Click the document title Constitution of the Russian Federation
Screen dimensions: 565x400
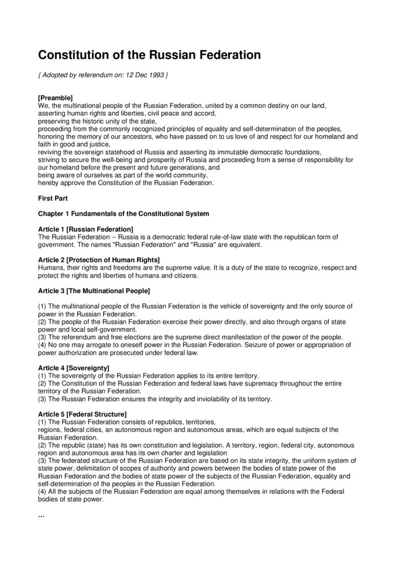click(x=149, y=55)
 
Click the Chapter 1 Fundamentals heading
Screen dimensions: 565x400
click(x=123, y=213)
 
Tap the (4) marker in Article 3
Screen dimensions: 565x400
click(x=43, y=344)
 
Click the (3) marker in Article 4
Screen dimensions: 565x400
click(x=43, y=398)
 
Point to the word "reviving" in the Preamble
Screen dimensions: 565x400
click(x=50, y=151)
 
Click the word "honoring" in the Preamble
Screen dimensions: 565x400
click(x=52, y=136)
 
